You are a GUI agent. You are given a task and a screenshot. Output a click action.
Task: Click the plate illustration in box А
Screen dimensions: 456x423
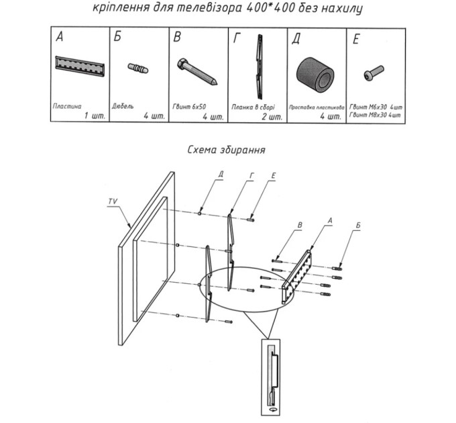[80, 66]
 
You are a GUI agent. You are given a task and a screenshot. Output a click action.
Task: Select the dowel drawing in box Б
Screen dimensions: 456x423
[138, 68]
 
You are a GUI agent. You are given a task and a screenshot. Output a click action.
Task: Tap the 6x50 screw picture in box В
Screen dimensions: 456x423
[197, 72]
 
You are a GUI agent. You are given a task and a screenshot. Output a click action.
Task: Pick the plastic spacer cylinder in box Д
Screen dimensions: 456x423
[315, 75]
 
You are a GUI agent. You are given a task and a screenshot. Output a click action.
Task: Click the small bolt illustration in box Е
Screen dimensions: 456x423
[374, 73]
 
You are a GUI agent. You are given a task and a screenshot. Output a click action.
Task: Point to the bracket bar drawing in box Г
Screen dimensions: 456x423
[259, 67]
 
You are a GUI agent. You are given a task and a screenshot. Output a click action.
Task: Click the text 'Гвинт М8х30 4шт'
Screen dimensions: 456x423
[375, 115]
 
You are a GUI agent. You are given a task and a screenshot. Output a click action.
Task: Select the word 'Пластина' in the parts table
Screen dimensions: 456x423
[67, 106]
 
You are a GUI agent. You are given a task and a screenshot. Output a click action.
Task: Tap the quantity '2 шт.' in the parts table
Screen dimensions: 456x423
[272, 117]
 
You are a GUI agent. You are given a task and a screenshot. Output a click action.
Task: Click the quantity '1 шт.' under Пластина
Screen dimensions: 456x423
[95, 116]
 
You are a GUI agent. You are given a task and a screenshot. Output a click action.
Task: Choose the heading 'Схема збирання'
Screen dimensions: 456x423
[226, 150]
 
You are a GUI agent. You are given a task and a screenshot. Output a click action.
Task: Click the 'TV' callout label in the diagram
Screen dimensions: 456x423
[113, 201]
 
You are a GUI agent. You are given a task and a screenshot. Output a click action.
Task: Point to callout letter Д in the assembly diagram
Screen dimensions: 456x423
[221, 174]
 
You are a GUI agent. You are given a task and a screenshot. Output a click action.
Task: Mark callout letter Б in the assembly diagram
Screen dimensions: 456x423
[357, 225]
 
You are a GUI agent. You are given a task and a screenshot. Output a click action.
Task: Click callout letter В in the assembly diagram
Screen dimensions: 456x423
[300, 225]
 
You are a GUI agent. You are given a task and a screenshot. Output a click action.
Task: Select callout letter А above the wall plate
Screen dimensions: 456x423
[329, 221]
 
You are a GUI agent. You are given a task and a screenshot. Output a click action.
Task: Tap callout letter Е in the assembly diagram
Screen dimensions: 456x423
[273, 176]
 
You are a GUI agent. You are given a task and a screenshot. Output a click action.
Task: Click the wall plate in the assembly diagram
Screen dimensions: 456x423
[296, 276]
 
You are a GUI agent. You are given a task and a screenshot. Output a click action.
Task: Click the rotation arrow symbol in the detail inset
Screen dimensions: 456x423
[274, 410]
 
